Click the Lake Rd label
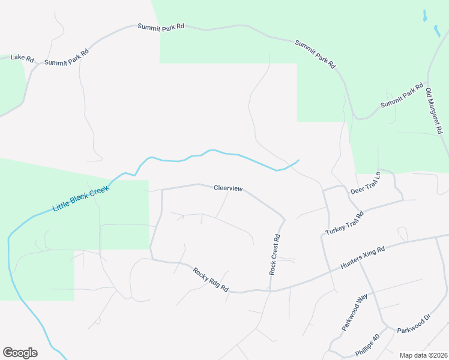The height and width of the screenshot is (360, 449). [x=22, y=59]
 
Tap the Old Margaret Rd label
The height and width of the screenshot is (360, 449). [x=434, y=111]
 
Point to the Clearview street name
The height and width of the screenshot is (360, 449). [x=228, y=188]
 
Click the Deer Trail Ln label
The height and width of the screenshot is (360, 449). [x=366, y=183]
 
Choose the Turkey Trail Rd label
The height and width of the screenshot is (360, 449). [x=345, y=224]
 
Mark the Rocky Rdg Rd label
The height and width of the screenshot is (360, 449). [x=211, y=280]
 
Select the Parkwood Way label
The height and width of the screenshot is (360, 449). [x=354, y=313]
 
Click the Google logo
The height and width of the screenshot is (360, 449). [x=20, y=353]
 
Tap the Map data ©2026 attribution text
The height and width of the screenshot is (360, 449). [x=423, y=355]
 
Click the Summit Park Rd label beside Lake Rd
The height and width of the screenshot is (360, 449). [x=67, y=58]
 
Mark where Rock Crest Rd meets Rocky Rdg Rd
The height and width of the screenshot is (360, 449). [x=270, y=291]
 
